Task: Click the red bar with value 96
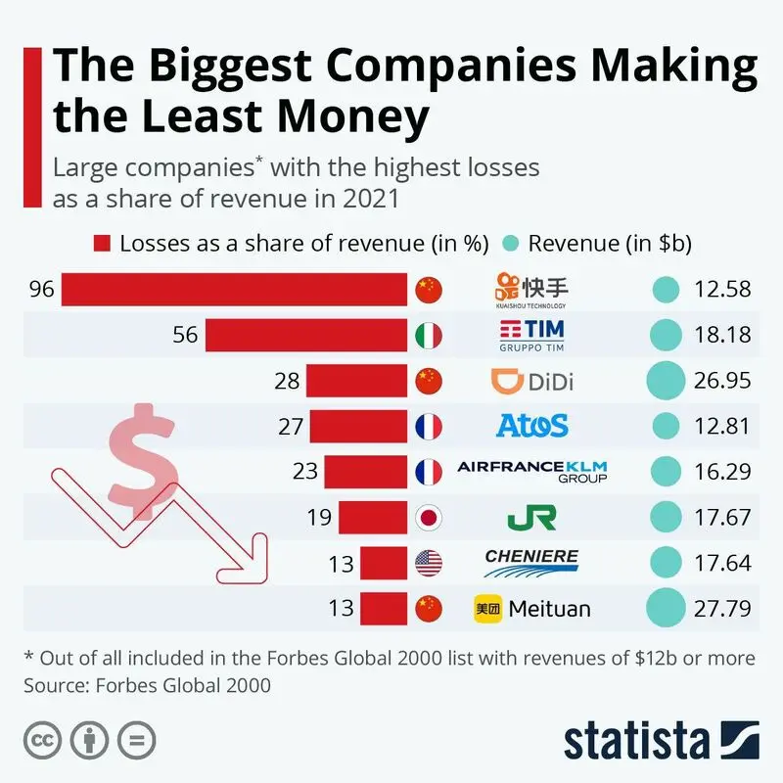coord(234,289)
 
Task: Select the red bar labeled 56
coord(306,335)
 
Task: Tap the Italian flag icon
coord(429,335)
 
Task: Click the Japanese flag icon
coord(429,518)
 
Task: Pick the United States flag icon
coord(429,563)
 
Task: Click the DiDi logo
coord(531,382)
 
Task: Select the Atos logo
coord(531,426)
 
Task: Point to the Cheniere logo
coord(531,563)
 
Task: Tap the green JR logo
coord(531,518)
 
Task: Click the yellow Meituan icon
coord(487,609)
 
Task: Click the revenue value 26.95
coord(722,381)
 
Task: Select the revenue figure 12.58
coord(722,289)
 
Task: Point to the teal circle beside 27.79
coord(666,608)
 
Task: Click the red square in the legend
coord(102,244)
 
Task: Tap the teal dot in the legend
coord(510,244)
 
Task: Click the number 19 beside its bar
coord(319,518)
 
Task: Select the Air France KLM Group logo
coord(532,472)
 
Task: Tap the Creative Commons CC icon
coord(42,740)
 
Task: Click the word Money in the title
coord(352,115)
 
